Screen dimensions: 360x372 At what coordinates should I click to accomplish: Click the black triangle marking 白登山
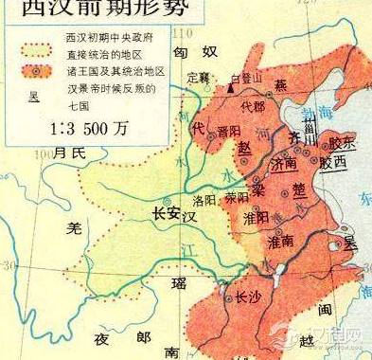coord(230,87)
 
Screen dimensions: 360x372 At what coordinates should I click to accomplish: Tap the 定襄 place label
coord(199,78)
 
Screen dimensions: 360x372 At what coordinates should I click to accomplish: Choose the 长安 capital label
coord(166,212)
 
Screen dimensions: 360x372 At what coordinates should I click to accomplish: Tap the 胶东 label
coord(340,142)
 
